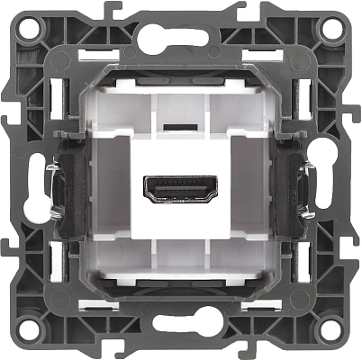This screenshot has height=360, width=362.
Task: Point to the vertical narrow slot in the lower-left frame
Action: (x=55, y=266)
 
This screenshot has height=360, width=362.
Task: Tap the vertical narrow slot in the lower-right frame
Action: (x=306, y=266)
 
